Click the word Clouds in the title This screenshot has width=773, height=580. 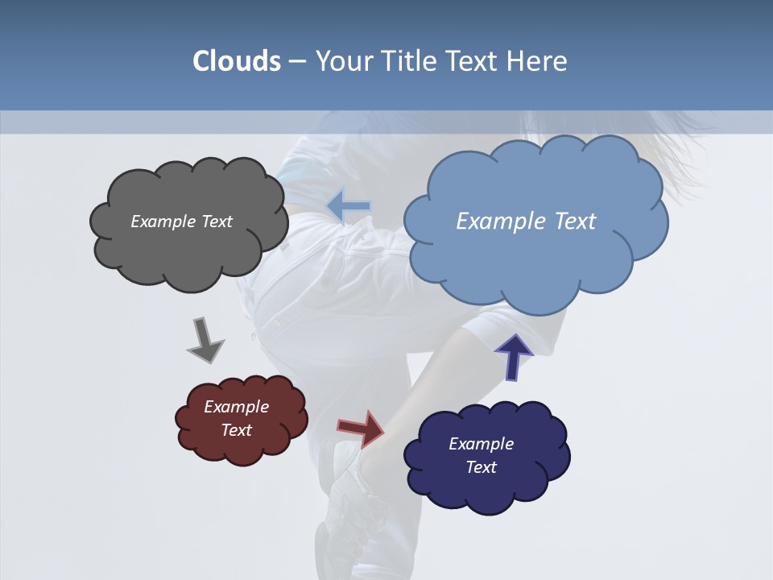point(237,61)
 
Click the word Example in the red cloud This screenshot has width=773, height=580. point(236,407)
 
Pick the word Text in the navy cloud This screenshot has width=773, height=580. point(482,467)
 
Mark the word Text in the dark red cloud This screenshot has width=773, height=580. point(237,430)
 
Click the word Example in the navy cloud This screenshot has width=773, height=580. point(481,444)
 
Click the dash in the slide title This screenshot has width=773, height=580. point(297,62)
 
